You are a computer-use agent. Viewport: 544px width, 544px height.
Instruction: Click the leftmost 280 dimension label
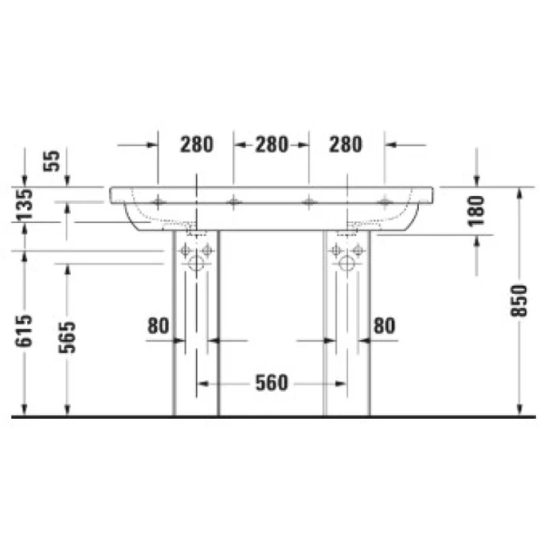pos(195,143)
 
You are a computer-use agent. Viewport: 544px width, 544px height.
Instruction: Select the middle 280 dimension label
pos(271,143)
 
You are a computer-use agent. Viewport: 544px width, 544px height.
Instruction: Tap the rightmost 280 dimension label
pos(345,143)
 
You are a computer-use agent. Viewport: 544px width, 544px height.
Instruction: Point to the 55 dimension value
pos(52,160)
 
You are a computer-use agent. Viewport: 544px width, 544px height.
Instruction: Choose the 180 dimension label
pos(478,209)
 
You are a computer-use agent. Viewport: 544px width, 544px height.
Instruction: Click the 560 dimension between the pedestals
pos(271,384)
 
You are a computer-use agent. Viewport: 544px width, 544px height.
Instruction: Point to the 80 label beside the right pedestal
pos(384,325)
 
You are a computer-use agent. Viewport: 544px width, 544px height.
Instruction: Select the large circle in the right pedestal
pos(345,266)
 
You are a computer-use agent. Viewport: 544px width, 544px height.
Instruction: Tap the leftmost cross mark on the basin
pos(158,200)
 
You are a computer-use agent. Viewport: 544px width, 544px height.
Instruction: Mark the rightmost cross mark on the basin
pos(384,200)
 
